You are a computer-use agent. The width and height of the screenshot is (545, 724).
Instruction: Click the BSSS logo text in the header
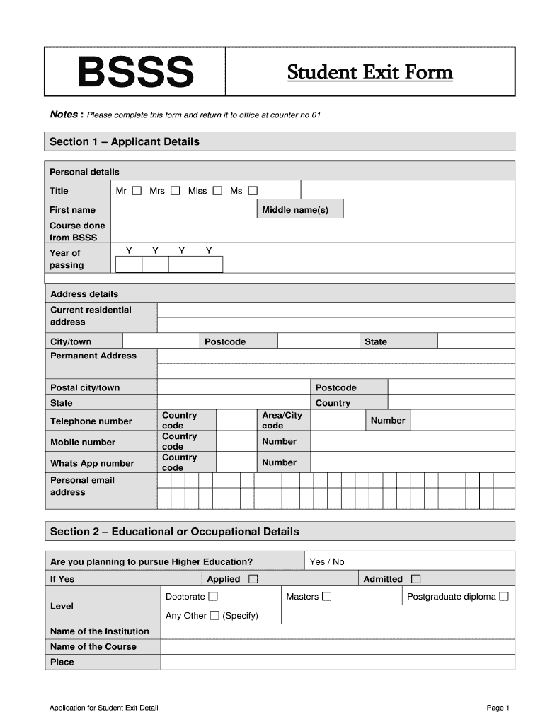(134, 72)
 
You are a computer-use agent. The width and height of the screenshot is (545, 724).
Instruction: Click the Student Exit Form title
(369, 72)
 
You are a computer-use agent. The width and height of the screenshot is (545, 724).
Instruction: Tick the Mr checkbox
(137, 190)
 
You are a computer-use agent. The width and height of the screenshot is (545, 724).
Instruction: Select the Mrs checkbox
(175, 190)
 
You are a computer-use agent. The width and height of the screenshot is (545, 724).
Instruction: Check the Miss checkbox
(217, 190)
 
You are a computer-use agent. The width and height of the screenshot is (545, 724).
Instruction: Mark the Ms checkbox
(253, 190)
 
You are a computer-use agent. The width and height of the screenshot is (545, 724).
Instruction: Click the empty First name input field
(183, 209)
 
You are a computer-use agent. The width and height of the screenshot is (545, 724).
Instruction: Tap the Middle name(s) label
(295, 210)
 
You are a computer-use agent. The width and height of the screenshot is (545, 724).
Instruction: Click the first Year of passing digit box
(129, 264)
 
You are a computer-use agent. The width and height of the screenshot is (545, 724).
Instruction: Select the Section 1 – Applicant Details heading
(125, 141)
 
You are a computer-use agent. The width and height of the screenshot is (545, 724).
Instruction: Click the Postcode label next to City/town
(225, 341)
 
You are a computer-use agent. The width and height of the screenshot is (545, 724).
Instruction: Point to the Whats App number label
(92, 463)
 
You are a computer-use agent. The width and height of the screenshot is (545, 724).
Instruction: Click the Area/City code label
(282, 421)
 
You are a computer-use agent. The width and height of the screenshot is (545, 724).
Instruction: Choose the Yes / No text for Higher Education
(327, 561)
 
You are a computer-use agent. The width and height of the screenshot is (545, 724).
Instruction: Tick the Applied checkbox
(253, 579)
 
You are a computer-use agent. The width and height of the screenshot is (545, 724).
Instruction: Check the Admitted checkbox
(415, 579)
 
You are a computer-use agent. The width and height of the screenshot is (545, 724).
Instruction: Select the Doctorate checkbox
(214, 597)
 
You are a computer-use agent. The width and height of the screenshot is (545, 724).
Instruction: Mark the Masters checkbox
(326, 597)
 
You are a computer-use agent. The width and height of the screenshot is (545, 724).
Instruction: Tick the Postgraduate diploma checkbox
(503, 597)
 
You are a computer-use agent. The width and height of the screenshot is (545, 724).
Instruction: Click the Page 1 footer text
(498, 708)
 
